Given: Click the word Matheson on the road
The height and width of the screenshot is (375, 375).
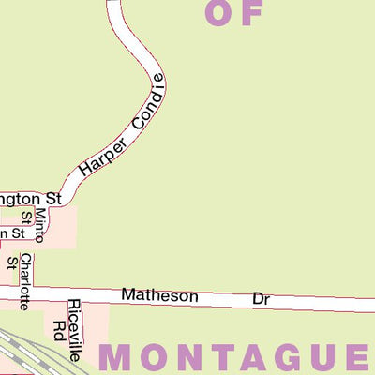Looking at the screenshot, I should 159,296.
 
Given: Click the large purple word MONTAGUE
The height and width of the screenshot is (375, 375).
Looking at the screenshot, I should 234,357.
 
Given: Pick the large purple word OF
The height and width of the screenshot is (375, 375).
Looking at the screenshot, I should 232,12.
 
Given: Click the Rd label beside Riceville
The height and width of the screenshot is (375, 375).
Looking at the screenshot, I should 59,329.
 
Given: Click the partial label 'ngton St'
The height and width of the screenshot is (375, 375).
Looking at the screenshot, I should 30,199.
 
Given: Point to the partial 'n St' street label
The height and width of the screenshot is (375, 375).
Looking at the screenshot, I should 11,232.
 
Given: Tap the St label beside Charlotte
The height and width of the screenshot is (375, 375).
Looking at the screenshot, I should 12,262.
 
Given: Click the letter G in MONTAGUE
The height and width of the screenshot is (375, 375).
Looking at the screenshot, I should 275,357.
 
